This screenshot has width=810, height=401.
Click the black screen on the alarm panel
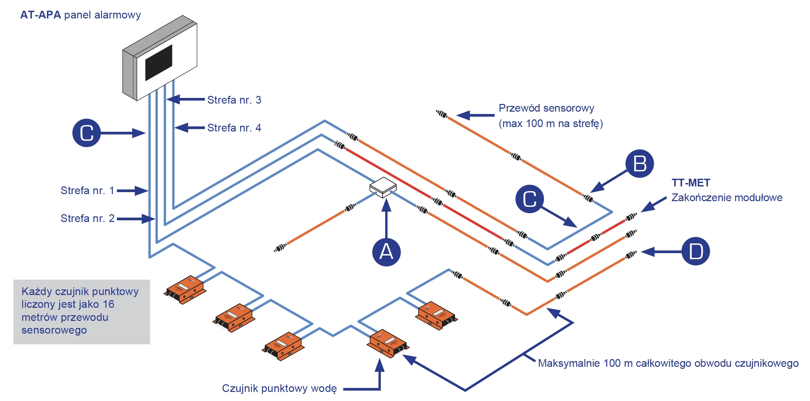159,63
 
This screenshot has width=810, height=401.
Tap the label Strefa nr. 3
234,100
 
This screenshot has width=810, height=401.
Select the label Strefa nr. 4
234,128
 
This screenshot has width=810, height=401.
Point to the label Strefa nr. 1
87,190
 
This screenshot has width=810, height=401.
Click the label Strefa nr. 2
87,218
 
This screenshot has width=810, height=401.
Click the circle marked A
386,252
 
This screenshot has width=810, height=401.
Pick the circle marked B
639,164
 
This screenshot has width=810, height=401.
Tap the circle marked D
695,251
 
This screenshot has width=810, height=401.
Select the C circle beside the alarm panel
87,133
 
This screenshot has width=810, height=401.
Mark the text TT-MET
691,183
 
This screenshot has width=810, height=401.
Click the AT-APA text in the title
41,15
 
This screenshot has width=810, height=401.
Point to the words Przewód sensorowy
546,108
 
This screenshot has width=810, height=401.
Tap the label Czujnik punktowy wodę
279,388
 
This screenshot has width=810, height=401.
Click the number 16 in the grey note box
108,304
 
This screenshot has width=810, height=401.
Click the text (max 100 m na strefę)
551,123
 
